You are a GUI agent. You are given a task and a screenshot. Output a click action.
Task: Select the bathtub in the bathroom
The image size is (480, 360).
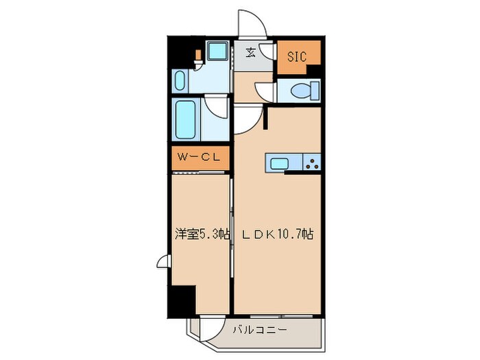[185, 120]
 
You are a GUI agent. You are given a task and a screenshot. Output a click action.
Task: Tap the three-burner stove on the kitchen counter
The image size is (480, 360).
[312, 163]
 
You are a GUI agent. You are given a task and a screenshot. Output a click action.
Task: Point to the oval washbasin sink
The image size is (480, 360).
[180, 81]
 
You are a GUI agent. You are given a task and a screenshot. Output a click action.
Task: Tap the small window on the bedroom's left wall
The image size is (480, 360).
[163, 262]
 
